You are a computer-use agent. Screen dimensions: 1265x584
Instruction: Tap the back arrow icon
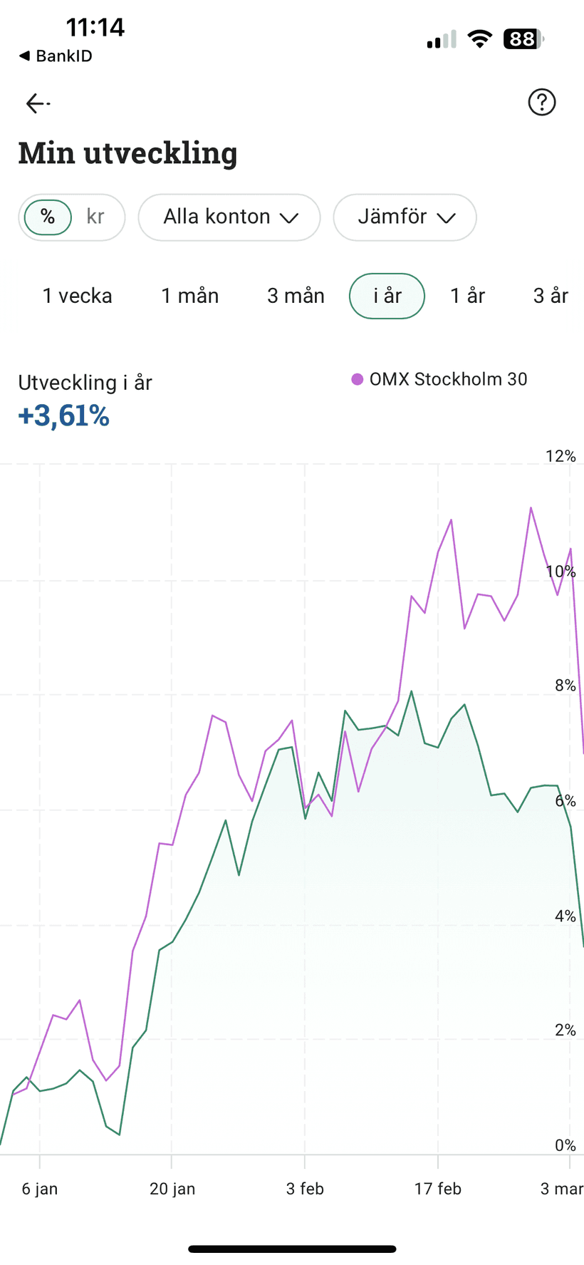(38, 103)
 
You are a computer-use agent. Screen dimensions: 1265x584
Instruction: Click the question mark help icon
(542, 103)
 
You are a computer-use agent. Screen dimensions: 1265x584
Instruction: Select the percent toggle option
(48, 217)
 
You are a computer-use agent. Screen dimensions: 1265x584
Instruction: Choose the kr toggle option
(95, 217)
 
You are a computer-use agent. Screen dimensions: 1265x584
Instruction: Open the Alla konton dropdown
(229, 217)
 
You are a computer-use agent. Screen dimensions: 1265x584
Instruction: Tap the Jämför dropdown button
(405, 217)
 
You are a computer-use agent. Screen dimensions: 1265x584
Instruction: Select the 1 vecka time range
(78, 296)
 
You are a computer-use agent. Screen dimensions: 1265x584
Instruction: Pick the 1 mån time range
(189, 296)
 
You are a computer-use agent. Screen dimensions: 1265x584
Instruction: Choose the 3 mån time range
(296, 296)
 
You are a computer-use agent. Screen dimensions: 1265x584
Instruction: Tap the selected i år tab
(387, 296)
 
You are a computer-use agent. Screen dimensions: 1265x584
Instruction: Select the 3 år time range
(551, 296)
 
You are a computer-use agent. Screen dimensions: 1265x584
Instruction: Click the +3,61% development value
(64, 415)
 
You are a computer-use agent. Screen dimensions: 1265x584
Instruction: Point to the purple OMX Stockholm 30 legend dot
(358, 379)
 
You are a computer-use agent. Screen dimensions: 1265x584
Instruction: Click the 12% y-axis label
(560, 456)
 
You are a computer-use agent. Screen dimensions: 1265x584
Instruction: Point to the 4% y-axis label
(565, 916)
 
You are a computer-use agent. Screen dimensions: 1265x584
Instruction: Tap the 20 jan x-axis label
(172, 1189)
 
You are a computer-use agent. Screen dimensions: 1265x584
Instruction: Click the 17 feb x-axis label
(438, 1189)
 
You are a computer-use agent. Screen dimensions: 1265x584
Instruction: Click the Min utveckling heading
(127, 153)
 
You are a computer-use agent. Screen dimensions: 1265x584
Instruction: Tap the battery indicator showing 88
(523, 38)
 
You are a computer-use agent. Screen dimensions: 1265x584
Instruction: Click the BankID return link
(56, 56)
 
